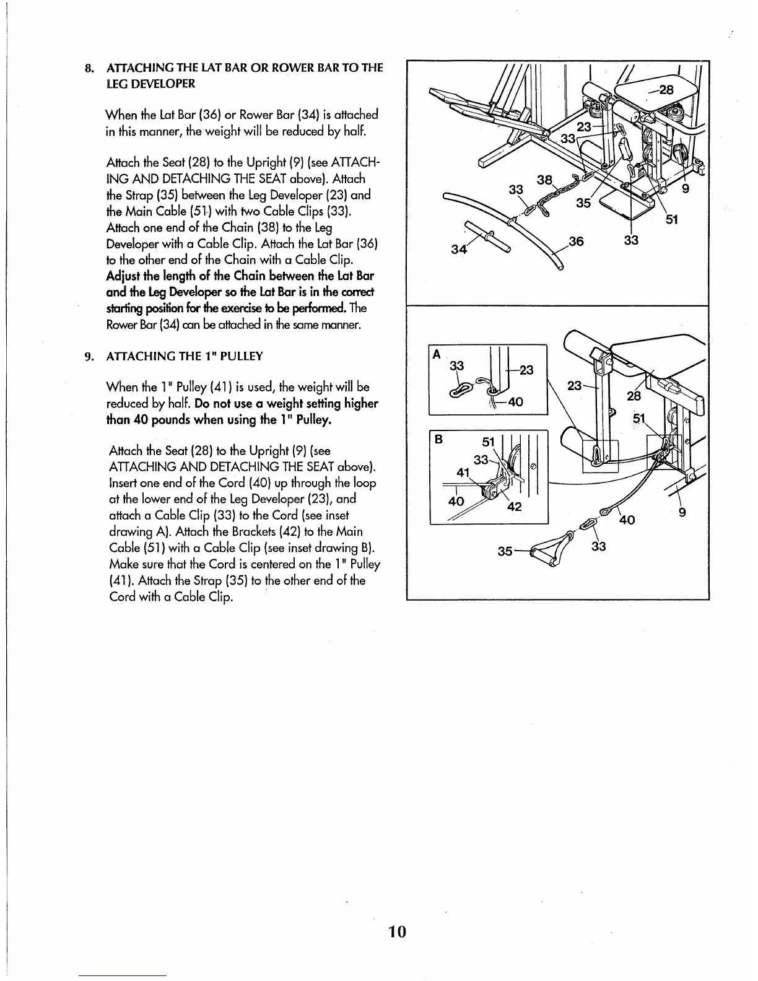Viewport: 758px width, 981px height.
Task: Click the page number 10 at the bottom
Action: point(397,931)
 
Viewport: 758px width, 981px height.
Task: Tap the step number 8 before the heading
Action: point(89,68)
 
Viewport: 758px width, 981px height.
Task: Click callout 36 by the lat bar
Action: point(576,242)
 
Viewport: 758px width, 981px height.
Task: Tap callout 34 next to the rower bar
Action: point(459,249)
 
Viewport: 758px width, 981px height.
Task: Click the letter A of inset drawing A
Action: point(437,354)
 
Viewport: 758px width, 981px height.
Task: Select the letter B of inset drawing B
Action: point(438,439)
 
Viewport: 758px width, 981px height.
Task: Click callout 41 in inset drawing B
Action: point(463,472)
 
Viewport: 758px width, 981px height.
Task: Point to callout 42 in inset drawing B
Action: point(514,507)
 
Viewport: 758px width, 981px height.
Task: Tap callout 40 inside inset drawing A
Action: point(515,401)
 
